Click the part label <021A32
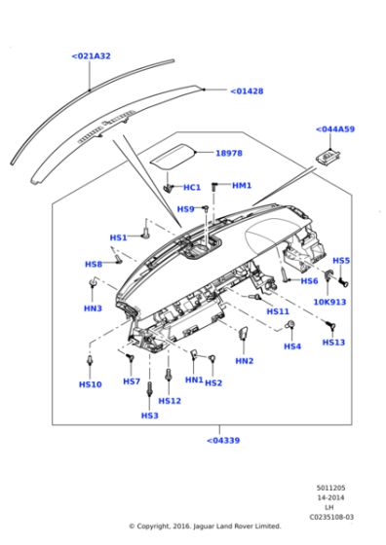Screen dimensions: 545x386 (91, 56)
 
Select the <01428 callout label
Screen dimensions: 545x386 (247, 91)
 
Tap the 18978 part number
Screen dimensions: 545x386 (229, 153)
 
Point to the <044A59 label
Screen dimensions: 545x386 (334, 129)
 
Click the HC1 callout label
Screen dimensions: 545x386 (192, 187)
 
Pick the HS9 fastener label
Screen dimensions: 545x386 (185, 209)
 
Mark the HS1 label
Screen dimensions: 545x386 (118, 237)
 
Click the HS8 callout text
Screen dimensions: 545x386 (94, 264)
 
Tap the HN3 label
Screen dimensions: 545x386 (93, 309)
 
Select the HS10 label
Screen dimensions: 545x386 (89, 384)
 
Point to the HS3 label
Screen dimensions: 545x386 (149, 416)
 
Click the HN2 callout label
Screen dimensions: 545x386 (244, 360)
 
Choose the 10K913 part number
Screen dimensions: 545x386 (328, 302)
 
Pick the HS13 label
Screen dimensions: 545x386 (333, 342)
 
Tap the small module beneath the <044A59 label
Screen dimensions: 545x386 (328, 155)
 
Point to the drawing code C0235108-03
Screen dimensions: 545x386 (334, 517)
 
